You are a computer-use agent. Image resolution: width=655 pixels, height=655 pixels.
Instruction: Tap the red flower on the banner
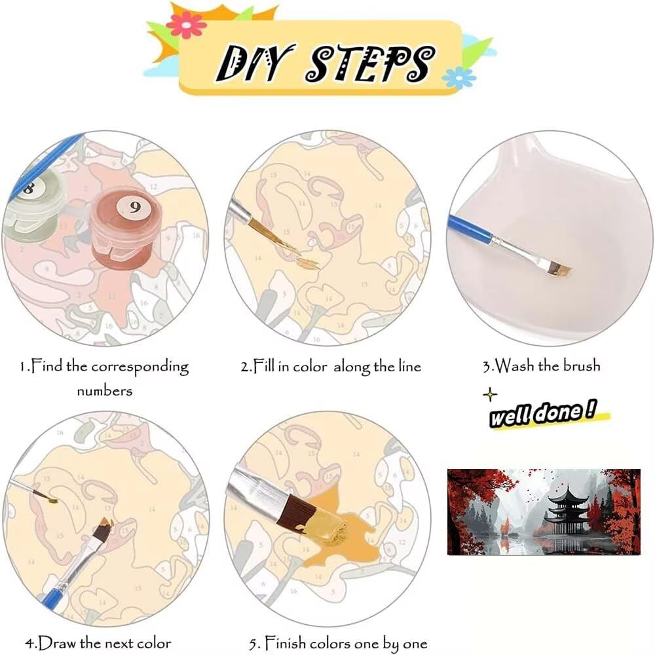click(186, 25)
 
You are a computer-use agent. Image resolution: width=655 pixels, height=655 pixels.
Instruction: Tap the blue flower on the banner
click(458, 78)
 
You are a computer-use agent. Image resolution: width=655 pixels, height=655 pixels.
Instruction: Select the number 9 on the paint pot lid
click(134, 207)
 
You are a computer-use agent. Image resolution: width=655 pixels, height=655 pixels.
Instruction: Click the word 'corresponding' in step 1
click(140, 367)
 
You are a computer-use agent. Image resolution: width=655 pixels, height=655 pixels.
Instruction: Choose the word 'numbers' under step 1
click(104, 391)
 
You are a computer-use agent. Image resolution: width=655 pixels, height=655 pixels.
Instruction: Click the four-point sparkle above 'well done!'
click(490, 394)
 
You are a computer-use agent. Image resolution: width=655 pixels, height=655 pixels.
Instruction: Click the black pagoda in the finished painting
click(567, 510)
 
